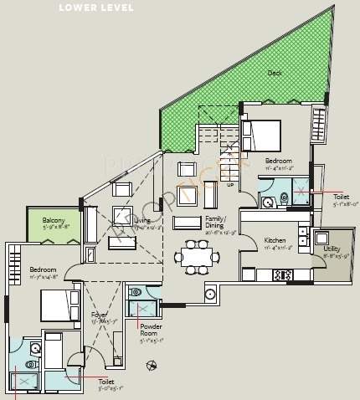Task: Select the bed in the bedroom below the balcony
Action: tap(56, 305)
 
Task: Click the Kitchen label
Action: tap(275, 240)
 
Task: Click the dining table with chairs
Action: tap(198, 255)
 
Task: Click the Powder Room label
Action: tap(152, 331)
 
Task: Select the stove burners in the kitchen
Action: tap(282, 274)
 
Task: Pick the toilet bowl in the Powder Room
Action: tap(136, 294)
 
